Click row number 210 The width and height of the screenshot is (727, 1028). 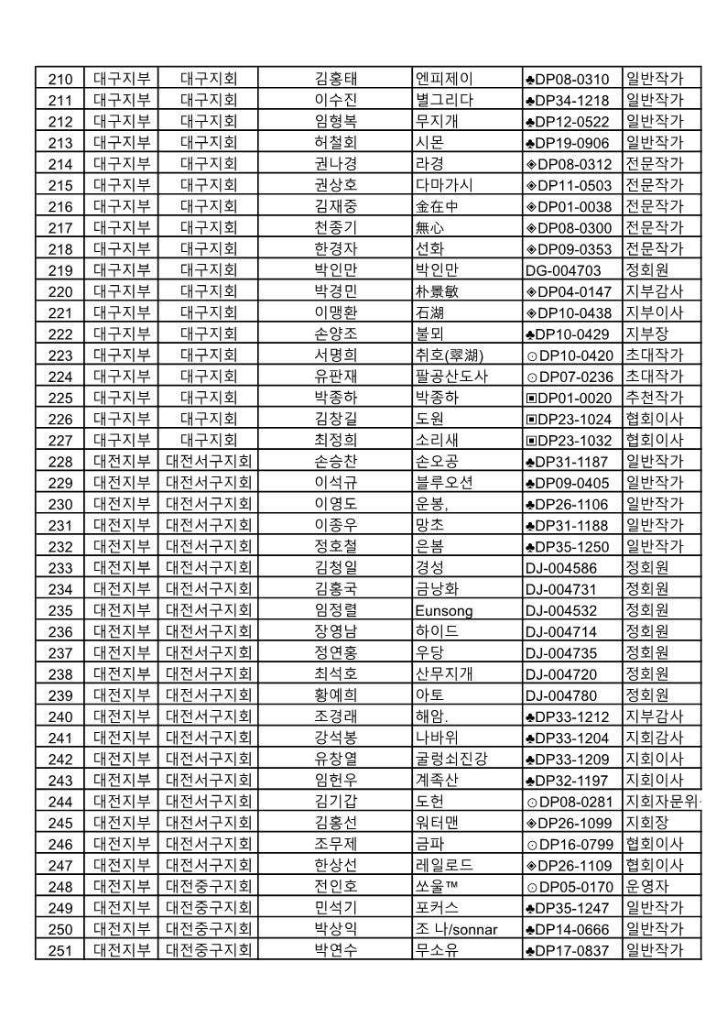(60, 79)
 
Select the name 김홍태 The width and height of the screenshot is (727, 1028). (335, 79)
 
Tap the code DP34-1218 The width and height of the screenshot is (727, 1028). (568, 100)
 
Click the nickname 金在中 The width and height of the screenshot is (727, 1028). (437, 206)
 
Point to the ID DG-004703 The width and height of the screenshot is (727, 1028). (563, 270)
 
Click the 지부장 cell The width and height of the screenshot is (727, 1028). (647, 334)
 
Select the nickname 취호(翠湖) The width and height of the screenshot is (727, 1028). (450, 355)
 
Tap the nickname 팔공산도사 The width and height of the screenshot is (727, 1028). (452, 377)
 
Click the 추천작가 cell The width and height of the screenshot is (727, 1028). (654, 397)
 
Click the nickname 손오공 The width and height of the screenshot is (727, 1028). (437, 461)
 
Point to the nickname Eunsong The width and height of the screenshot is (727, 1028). (444, 610)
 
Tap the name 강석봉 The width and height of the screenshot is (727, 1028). (335, 738)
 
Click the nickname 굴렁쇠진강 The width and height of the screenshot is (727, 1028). (452, 759)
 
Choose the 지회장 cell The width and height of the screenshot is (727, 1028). (647, 822)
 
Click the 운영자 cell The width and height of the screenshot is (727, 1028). (647, 886)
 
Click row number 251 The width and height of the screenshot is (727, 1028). (60, 950)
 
